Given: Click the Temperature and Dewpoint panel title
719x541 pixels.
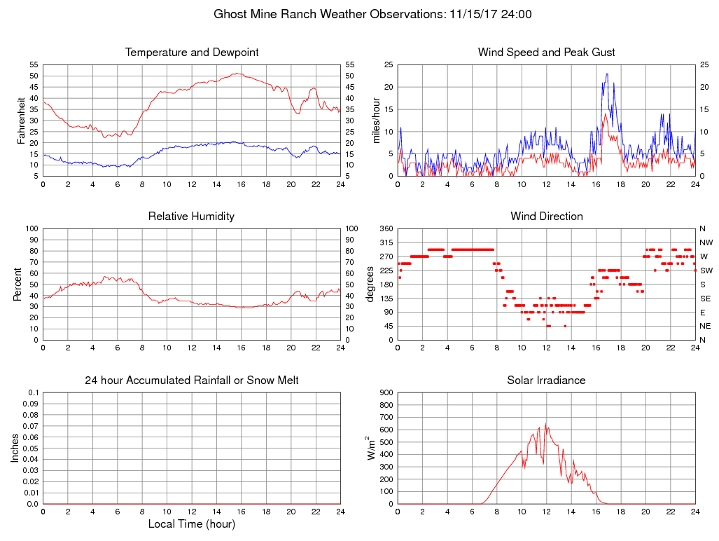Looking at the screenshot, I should click(192, 53).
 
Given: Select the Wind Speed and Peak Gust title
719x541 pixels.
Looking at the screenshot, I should click(546, 53).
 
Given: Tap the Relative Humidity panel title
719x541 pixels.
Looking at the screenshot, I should click(191, 217).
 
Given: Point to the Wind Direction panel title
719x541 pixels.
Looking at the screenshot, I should click(546, 217).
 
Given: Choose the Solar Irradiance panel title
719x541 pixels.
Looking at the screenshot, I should click(546, 381).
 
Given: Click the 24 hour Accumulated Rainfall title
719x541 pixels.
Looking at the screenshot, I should click(192, 381).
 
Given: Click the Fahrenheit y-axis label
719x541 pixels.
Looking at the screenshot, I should click(22, 120).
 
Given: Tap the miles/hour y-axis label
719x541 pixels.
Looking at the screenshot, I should click(376, 120).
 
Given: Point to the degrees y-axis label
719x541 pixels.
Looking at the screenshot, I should click(372, 284).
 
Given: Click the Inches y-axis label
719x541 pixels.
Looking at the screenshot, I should click(16, 448).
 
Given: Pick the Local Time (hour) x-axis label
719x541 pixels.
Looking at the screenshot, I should click(192, 523).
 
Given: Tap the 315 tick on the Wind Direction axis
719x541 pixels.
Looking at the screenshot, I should click(386, 242).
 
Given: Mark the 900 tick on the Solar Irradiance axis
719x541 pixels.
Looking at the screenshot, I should click(386, 392).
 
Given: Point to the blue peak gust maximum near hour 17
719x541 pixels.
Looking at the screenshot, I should click(607, 74).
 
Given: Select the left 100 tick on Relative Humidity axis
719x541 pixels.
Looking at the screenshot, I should click(31, 228).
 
